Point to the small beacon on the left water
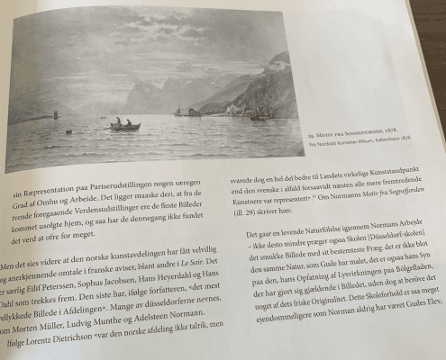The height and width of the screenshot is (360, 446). point(57,114)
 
